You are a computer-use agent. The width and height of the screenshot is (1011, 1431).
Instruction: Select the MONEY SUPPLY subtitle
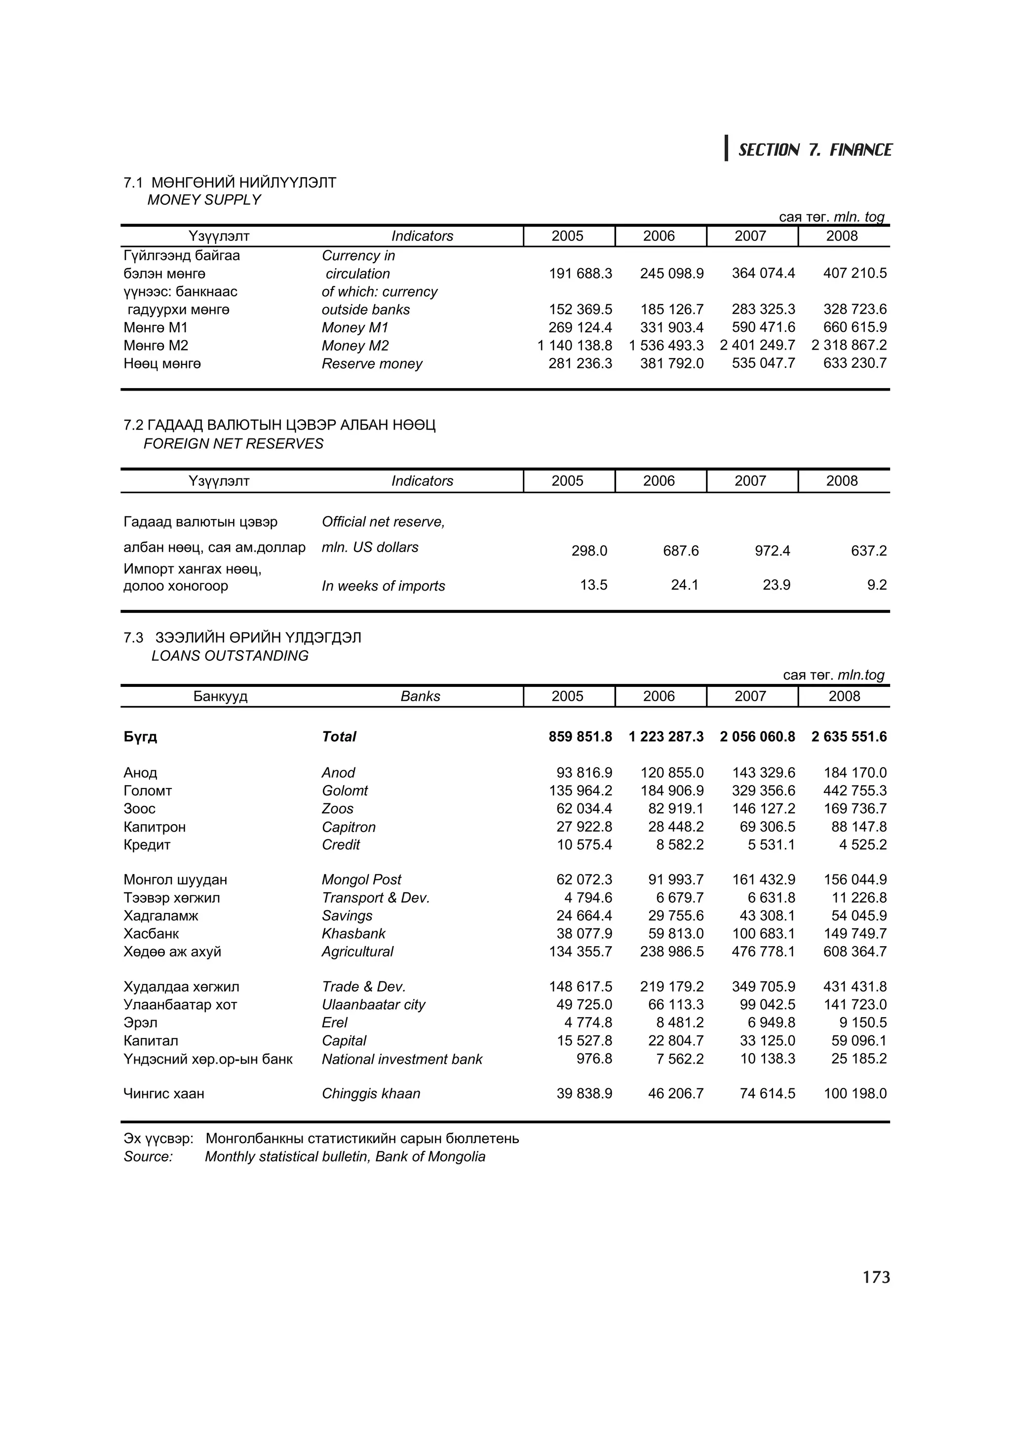point(204,200)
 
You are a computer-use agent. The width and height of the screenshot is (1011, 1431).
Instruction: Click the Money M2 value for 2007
point(757,345)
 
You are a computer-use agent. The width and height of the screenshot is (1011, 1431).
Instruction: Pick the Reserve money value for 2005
point(580,363)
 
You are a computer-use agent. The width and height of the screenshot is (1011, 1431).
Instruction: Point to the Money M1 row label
point(355,328)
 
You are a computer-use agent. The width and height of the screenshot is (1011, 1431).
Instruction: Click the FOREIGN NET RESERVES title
point(233,444)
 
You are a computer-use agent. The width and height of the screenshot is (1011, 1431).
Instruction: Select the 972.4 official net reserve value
point(773,551)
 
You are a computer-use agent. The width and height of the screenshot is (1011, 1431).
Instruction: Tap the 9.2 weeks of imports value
point(876,585)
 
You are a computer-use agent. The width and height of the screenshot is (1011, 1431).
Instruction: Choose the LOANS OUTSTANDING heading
point(230,656)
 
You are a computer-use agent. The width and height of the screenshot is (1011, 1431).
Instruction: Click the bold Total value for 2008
point(849,737)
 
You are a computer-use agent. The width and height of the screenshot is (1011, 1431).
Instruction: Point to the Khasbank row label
point(353,934)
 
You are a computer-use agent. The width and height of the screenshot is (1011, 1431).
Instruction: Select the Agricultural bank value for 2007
point(764,952)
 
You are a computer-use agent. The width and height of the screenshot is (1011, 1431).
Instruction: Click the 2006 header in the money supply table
point(659,236)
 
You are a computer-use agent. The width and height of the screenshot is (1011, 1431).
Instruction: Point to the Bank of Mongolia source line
point(345,1157)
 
